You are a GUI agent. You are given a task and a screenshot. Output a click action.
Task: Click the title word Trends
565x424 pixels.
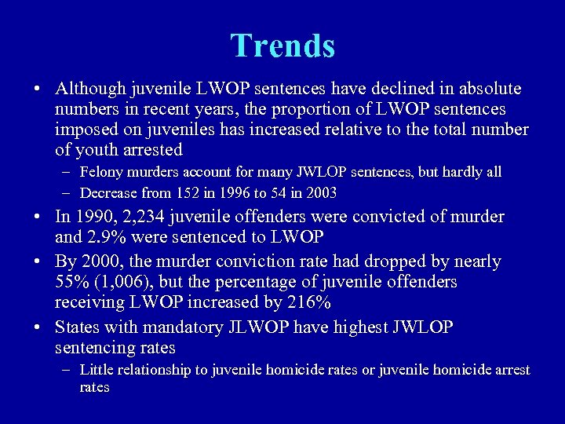pyautogui.click(x=282, y=46)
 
